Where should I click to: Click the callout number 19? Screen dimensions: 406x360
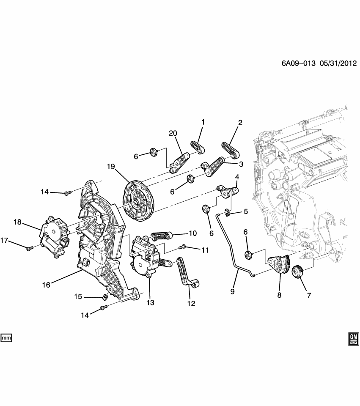111,167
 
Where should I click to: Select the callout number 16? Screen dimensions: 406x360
46,285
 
